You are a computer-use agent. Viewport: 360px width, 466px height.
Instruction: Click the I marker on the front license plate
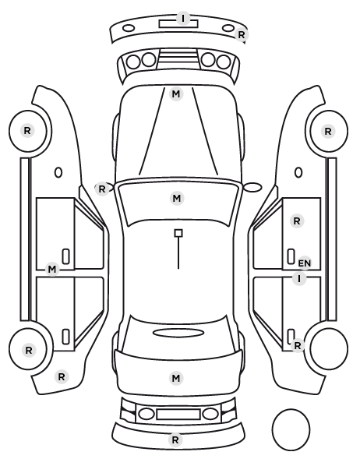pos(183,18)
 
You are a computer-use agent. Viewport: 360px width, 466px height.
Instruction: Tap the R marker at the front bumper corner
pos(242,35)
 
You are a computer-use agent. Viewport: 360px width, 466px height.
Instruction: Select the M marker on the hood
pos(176,94)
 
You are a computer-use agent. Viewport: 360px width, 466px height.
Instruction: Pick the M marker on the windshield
pos(177,198)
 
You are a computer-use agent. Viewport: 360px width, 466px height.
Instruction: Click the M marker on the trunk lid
pos(176,378)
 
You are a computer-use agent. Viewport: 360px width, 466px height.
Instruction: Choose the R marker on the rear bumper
pos(175,440)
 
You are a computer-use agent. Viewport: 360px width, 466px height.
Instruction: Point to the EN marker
pos(304,263)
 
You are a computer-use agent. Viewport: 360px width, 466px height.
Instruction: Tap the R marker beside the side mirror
pos(101,189)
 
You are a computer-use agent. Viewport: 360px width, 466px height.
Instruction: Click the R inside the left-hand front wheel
pos(27,130)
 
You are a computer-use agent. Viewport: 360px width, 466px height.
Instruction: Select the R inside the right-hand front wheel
pos(328,132)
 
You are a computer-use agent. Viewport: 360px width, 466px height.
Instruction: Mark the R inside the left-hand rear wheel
pos(29,351)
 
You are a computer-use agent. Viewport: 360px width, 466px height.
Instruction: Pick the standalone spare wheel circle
pos(291,410)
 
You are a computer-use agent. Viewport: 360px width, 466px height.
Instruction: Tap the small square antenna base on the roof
pos(178,233)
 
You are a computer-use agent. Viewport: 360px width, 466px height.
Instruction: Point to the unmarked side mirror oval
pos(252,187)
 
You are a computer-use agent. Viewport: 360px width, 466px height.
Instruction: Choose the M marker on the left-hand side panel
pos(52,270)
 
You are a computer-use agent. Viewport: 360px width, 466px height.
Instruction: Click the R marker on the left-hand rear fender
pos(62,377)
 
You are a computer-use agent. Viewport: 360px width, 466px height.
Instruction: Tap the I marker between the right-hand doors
pos(299,279)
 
